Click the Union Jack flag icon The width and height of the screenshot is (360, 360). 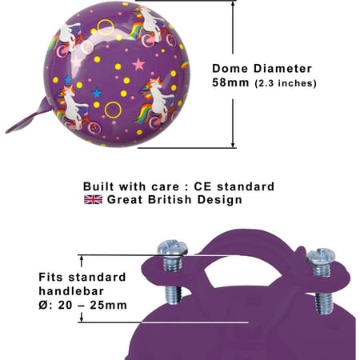(x=93, y=200)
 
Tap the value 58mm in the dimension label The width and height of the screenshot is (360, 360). (x=230, y=82)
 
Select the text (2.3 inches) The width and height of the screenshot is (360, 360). (x=286, y=83)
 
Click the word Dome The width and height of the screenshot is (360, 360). (x=230, y=69)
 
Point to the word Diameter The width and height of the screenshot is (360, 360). (x=282, y=69)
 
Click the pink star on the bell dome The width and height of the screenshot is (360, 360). (x=138, y=64)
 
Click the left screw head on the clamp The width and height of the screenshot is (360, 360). (x=172, y=247)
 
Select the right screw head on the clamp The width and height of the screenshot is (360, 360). (x=321, y=255)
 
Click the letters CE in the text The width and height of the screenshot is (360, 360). (x=202, y=186)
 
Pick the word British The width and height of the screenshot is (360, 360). (x=170, y=200)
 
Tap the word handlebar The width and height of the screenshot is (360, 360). (x=71, y=291)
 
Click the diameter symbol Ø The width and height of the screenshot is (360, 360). (x=43, y=305)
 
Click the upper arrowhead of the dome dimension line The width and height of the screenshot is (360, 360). (x=233, y=4)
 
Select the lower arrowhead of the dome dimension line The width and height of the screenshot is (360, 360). (x=233, y=144)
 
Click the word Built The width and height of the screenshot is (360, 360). (x=98, y=186)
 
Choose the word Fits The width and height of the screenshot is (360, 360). (x=51, y=277)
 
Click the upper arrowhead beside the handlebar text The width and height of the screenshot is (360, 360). (x=82, y=258)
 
